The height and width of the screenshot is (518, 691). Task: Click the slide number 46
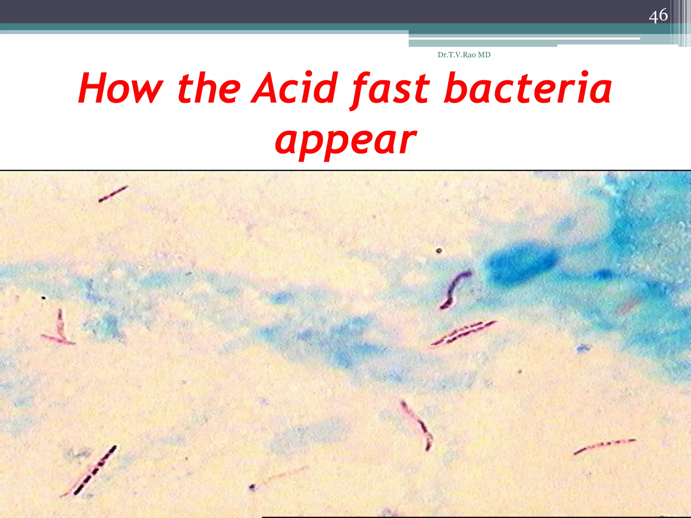[658, 16]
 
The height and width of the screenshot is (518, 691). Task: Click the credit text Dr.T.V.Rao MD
[464, 55]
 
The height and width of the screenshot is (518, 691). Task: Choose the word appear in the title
[345, 141]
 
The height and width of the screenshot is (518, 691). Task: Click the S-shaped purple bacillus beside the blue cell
[454, 290]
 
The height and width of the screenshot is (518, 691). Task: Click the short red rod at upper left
[113, 194]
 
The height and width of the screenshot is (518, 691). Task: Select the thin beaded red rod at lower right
[604, 446]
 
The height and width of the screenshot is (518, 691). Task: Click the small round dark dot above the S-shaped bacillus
[439, 251]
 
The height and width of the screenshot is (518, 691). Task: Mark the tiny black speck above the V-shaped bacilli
[43, 297]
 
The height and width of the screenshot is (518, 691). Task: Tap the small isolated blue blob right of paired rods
[581, 348]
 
